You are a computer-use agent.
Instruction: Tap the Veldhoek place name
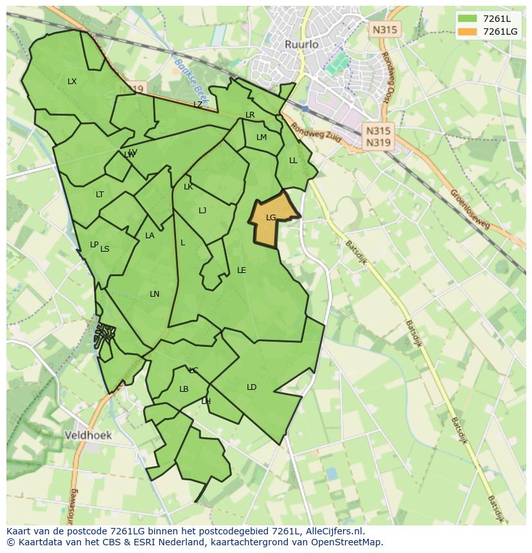tap(88, 435)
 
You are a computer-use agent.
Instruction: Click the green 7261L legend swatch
tap(467, 18)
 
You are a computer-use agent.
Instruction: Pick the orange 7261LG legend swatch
tap(467, 31)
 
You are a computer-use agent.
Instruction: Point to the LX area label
tap(72, 82)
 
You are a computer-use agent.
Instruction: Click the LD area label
tap(251, 387)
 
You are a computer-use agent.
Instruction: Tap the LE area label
tap(242, 270)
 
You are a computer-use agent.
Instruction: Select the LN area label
tap(154, 294)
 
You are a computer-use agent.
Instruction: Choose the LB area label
tap(184, 389)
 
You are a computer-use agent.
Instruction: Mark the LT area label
tap(100, 195)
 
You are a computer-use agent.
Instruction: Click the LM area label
tap(262, 137)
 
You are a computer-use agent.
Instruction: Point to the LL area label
tap(293, 161)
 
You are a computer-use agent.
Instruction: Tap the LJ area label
tap(202, 211)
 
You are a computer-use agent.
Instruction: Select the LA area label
tap(150, 236)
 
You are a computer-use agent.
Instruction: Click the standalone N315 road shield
tap(385, 30)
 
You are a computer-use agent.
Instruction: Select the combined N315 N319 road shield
tap(378, 137)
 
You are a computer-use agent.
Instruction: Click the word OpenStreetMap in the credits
tap(348, 541)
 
